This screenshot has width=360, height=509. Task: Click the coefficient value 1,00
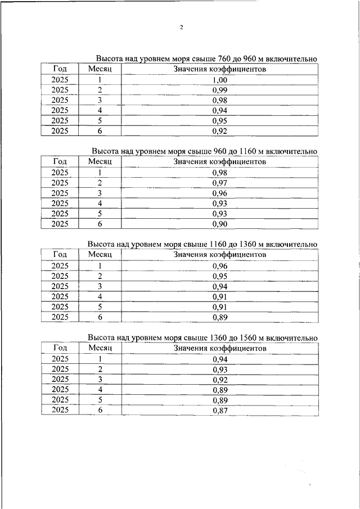click(x=220, y=80)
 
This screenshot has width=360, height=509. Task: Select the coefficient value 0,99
click(x=220, y=90)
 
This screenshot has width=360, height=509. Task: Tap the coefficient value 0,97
click(x=220, y=183)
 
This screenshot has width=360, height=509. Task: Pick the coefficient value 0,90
click(x=220, y=224)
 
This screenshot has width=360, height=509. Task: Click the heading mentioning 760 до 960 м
click(x=206, y=58)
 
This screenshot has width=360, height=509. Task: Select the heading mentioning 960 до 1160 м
click(x=205, y=151)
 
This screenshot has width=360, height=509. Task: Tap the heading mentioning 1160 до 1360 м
click(x=202, y=244)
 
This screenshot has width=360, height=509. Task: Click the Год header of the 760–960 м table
click(x=60, y=69)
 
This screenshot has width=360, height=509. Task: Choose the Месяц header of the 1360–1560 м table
click(x=100, y=348)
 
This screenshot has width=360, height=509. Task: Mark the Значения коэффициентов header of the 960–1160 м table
click(x=220, y=162)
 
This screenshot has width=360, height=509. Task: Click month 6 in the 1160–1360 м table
click(x=100, y=317)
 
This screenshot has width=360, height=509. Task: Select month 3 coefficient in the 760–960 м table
click(x=220, y=100)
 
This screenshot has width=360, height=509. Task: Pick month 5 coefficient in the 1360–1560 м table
click(x=220, y=400)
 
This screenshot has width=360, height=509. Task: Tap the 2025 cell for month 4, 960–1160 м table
click(x=60, y=203)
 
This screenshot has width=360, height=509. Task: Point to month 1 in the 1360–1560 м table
click(x=100, y=358)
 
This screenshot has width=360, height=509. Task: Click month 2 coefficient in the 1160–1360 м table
click(x=220, y=276)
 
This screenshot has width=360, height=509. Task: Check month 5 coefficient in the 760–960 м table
click(x=220, y=120)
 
